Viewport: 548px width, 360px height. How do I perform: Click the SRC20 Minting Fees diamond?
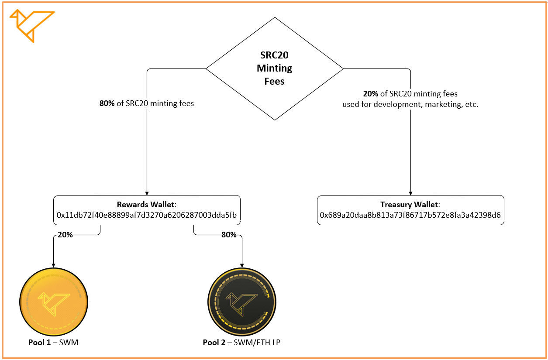point(274,69)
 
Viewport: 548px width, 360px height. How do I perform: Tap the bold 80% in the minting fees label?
point(107,104)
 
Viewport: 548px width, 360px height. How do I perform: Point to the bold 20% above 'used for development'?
point(371,94)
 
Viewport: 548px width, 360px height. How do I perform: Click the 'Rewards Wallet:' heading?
point(146,205)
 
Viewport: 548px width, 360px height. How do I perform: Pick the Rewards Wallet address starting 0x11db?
point(147,215)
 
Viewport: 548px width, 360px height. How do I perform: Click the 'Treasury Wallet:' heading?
point(410,205)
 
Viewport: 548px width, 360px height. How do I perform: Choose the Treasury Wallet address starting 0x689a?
point(410,215)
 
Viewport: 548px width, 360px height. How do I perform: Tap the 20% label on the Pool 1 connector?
point(65,235)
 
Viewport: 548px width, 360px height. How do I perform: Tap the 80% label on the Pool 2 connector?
point(229,235)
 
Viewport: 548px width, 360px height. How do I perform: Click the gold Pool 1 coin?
point(54,302)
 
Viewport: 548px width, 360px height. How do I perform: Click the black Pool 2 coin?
point(242,302)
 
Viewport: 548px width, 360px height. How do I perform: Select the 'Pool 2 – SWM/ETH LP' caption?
point(241,343)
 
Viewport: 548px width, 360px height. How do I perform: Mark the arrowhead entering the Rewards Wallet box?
point(147,192)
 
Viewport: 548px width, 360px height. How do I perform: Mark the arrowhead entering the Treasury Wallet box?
point(410,192)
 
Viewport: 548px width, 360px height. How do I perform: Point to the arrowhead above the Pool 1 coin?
point(54,264)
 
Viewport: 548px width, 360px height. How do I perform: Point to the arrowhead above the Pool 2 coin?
point(242,264)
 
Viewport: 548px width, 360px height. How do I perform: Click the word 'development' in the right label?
point(395,105)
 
